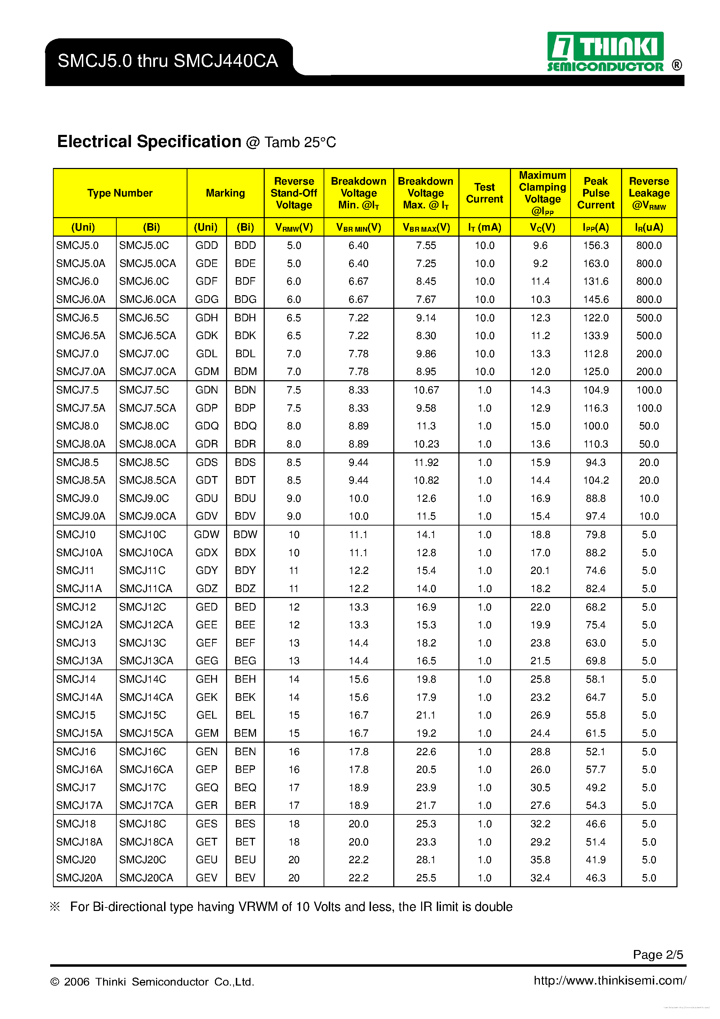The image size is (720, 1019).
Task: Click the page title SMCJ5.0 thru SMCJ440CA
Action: (168, 61)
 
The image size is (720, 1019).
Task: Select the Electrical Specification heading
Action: (149, 141)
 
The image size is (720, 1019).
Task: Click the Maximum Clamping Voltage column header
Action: (542, 193)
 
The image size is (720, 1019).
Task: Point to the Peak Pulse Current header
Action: (595, 193)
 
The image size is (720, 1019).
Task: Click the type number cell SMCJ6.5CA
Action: (147, 336)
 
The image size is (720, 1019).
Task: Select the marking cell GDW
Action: (206, 534)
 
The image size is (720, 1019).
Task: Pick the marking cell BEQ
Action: (245, 787)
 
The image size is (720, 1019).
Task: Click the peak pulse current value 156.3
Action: (595, 245)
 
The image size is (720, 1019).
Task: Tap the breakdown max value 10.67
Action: (426, 390)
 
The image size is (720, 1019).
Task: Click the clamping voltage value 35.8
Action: (540, 860)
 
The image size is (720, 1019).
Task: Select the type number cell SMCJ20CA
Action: (146, 878)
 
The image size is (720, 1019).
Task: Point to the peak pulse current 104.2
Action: (595, 480)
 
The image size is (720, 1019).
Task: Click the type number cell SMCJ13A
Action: (79, 661)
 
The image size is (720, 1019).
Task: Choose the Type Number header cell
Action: (120, 193)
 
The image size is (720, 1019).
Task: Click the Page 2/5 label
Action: (657, 954)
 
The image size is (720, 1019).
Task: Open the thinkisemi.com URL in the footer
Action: (610, 980)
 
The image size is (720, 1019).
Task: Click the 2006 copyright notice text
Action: (152, 982)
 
